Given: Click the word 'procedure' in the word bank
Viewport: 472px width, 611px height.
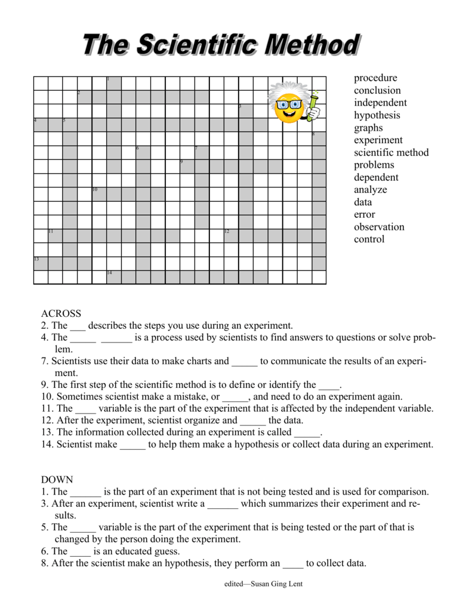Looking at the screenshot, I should pos(375,78).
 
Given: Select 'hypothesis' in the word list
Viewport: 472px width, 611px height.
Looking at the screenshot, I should pos(377,116).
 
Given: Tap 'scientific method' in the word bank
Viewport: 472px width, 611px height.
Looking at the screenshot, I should pos(391,153).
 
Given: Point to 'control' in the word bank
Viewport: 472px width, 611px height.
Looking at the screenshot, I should pos(369,240).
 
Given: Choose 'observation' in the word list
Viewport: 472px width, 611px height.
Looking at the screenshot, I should pos(379,227).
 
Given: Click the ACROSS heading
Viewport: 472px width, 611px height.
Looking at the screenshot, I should pos(61,314).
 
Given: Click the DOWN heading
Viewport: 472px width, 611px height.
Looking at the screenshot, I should pos(57,480).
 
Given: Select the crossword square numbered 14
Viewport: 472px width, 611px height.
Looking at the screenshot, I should pos(114,277).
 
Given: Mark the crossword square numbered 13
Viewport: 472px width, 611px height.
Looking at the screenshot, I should pos(40,263).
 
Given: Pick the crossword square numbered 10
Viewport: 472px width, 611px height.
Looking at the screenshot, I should pos(99,194).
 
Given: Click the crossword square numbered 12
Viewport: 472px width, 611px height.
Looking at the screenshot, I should pos(231,236).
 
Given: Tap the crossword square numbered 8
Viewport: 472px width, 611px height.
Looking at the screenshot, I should pos(319,138).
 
